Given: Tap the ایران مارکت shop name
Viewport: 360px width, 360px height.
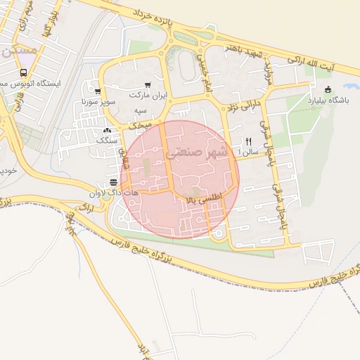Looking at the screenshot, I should pyautogui.click(x=148, y=94).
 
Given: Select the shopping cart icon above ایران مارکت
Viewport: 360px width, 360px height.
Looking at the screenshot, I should pyautogui.click(x=148, y=84).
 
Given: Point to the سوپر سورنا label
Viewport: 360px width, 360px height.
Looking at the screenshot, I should pyautogui.click(x=98, y=102).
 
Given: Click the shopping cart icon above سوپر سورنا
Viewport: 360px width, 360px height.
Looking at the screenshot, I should pyautogui.click(x=98, y=91).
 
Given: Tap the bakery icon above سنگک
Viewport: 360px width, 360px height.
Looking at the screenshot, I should pyautogui.click(x=107, y=131).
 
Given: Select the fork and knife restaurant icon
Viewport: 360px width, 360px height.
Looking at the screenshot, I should pyautogui.click(x=248, y=141).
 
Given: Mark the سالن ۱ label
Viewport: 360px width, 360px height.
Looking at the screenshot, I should pyautogui.click(x=249, y=151).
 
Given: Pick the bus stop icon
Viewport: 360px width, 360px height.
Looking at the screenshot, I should pyautogui.click(x=24, y=72).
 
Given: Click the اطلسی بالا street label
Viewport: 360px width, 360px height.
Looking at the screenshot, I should pyautogui.click(x=203, y=200).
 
